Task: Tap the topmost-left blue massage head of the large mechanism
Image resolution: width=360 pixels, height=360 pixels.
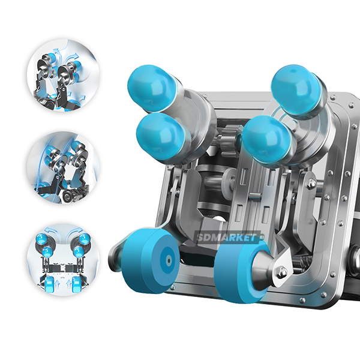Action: point(151,88)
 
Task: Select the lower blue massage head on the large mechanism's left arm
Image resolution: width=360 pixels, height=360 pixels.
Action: point(161,137)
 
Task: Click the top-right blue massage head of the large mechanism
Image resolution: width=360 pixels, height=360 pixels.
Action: point(296,89)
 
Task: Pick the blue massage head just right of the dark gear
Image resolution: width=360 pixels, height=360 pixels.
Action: point(267,140)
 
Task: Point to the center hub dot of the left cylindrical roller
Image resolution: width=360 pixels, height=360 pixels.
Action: point(169,260)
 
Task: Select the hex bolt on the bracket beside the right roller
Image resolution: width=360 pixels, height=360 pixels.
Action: point(282,272)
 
